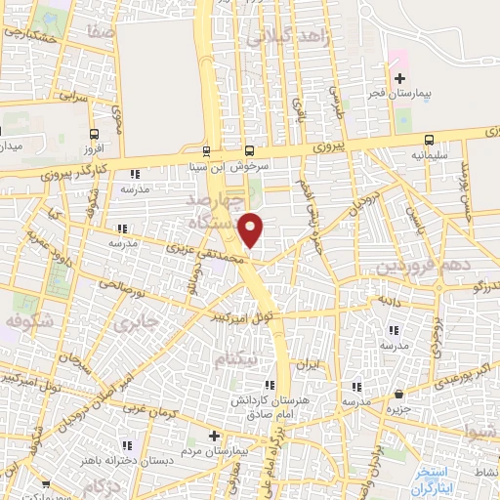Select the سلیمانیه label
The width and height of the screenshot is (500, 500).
(429, 155)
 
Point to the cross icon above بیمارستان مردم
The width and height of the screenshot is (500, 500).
(214, 435)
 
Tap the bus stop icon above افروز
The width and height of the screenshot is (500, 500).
(94, 135)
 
